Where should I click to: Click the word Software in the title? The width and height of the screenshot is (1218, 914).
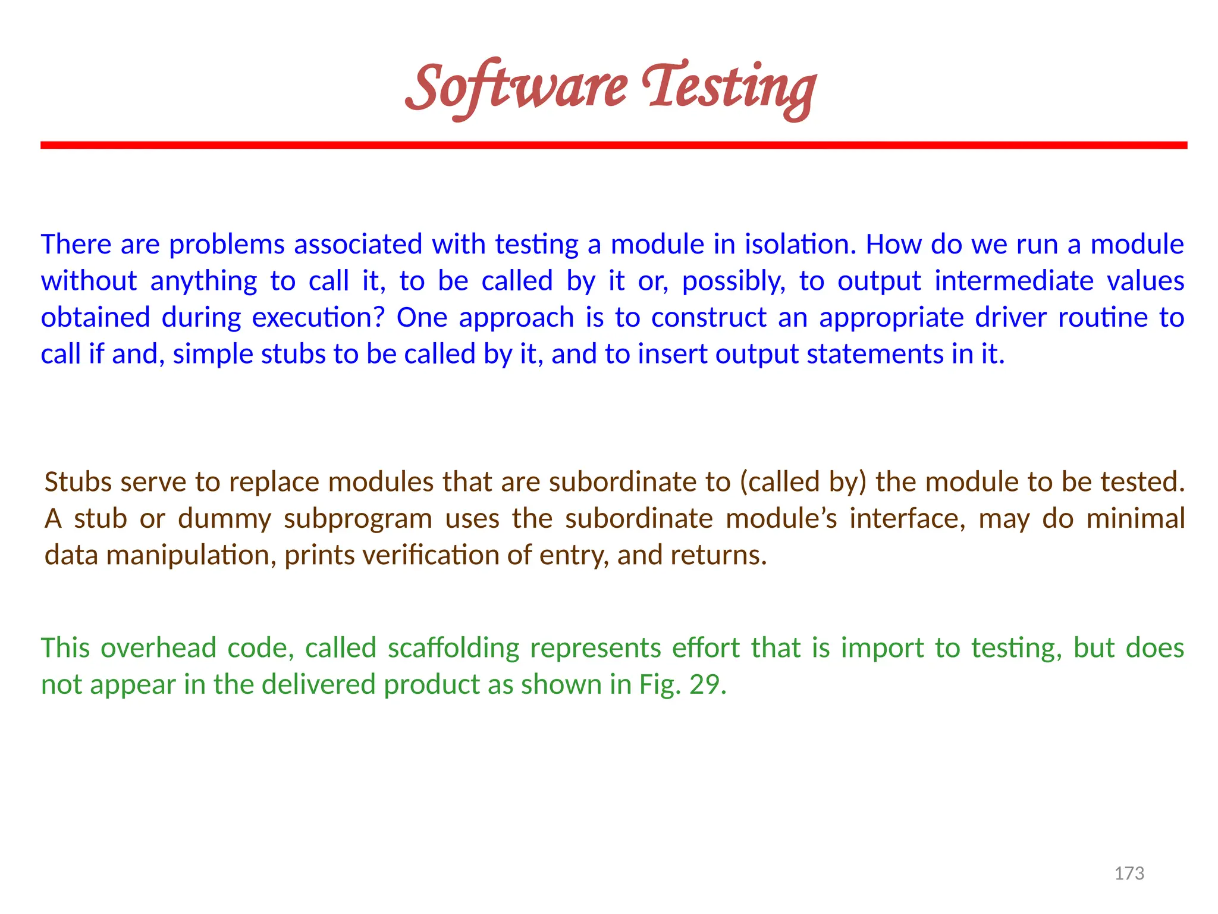pyautogui.click(x=516, y=88)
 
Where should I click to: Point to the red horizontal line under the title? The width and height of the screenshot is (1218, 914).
pyautogui.click(x=614, y=145)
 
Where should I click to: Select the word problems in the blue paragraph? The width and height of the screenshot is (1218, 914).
pyautogui.click(x=227, y=245)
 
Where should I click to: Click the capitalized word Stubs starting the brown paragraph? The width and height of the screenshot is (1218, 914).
pyautogui.click(x=78, y=482)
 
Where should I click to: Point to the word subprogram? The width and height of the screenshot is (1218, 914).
pyautogui.click(x=357, y=519)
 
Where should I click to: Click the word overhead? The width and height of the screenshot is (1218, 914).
pyautogui.click(x=158, y=648)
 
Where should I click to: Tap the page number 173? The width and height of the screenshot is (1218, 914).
pyautogui.click(x=1129, y=874)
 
